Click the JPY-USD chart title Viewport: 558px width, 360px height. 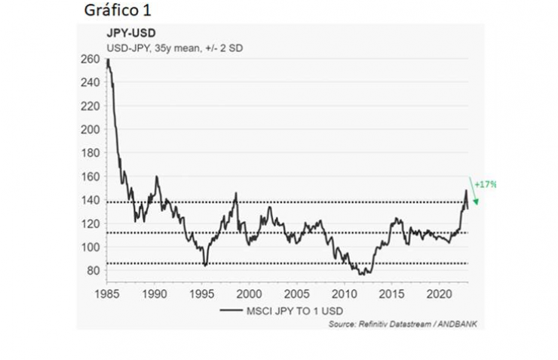(126, 34)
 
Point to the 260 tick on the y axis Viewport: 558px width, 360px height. (90, 59)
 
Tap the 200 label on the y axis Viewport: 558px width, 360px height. (90, 129)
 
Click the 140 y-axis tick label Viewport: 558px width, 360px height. (90, 200)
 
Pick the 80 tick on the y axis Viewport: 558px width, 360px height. (93, 270)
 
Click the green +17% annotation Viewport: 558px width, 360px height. (485, 184)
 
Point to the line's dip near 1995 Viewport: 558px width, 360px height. (204, 266)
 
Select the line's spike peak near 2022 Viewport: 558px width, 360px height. (465, 190)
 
